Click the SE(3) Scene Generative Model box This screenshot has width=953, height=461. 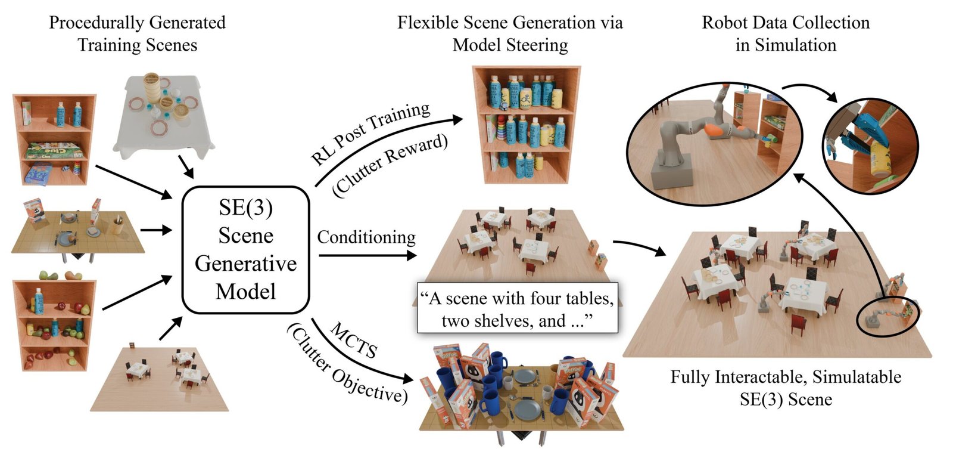tap(245, 250)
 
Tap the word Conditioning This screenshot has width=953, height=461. tap(366, 237)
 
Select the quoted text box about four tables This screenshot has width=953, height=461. tap(517, 308)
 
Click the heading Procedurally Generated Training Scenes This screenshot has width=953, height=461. tap(138, 33)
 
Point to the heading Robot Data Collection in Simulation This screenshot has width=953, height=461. tap(786, 33)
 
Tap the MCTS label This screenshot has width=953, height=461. tap(354, 339)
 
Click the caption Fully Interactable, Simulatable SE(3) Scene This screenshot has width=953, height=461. tap(786, 388)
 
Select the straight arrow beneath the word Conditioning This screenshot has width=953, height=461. tap(368, 256)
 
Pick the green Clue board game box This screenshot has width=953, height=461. tap(53, 150)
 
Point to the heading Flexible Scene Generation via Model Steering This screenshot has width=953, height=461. tap(510, 33)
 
